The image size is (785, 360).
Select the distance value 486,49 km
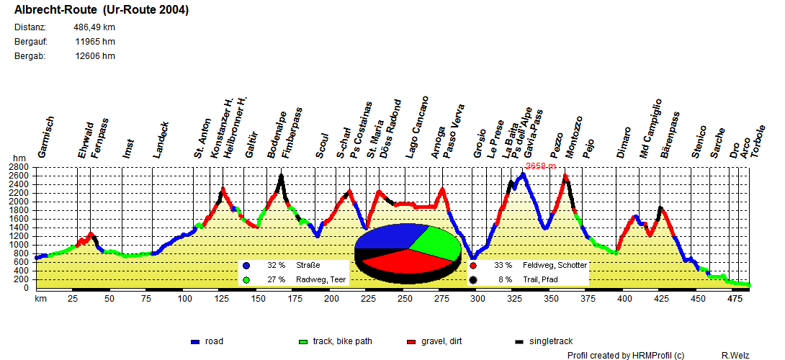[94, 27]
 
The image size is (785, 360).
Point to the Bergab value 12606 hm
[95, 56]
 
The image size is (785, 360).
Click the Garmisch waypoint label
[45, 138]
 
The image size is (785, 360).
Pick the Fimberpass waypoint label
[292, 133]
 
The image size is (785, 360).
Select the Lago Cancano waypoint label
[417, 127]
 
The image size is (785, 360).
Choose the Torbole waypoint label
[757, 143]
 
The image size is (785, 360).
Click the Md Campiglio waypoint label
[650, 129]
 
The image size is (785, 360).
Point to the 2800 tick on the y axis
[22, 166]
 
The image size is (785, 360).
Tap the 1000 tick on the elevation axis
[22, 245]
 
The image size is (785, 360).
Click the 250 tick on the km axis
[405, 298]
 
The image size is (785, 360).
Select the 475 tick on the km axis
[735, 298]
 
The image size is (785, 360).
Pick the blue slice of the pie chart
[389, 238]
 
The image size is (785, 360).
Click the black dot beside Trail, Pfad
[473, 279]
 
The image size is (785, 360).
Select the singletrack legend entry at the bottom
[551, 341]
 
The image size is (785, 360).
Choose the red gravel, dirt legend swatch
[412, 341]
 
